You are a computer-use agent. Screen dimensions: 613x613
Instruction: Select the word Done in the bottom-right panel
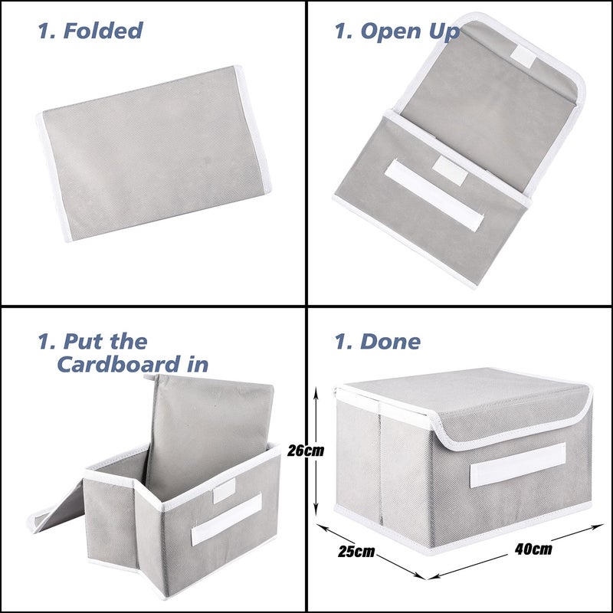(x=388, y=341)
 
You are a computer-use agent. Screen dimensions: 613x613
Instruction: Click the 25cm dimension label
(x=356, y=551)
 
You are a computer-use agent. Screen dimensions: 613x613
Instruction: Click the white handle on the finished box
(x=518, y=464)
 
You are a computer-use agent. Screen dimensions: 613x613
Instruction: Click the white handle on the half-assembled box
(x=226, y=519)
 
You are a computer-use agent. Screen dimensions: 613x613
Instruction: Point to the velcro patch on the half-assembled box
(x=224, y=493)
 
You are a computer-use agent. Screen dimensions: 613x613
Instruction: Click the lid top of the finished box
(x=460, y=398)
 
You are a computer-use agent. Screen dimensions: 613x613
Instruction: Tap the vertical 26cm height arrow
(x=315, y=452)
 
